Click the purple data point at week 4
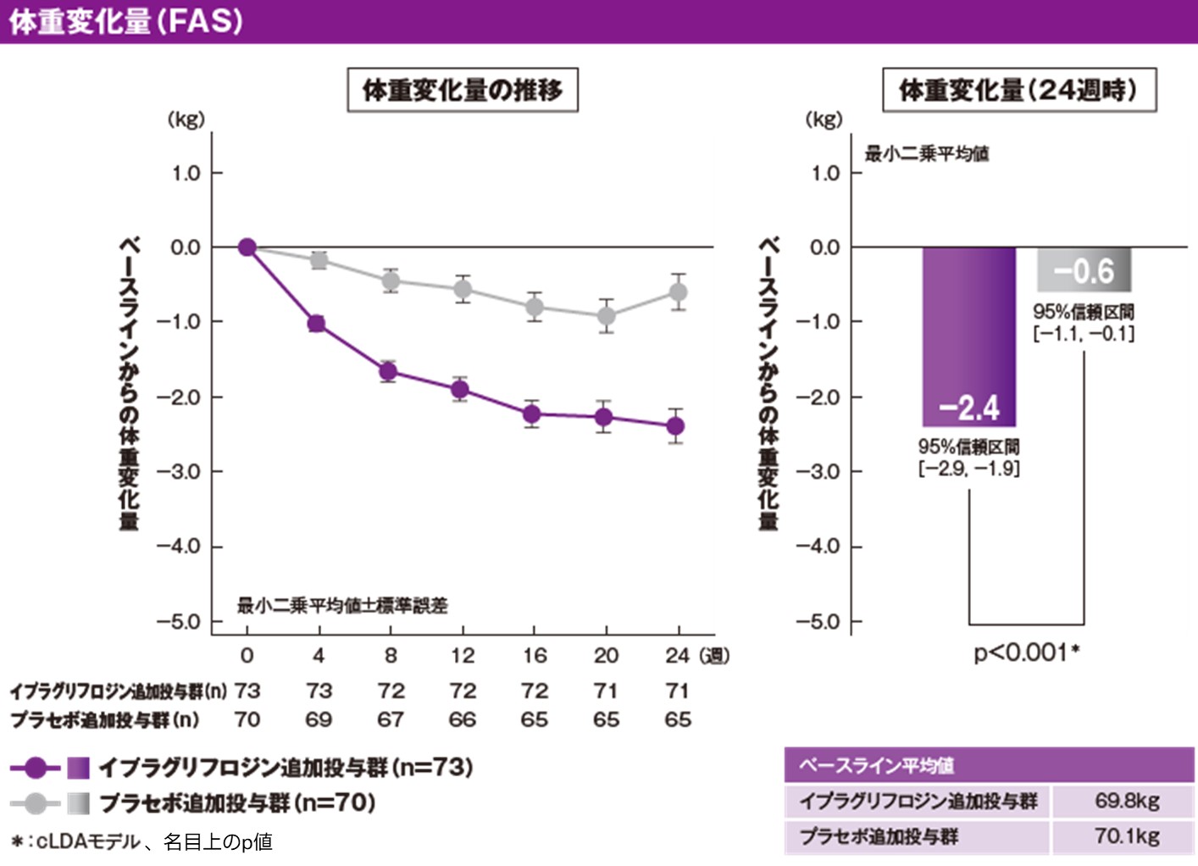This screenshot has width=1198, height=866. pyautogui.click(x=317, y=324)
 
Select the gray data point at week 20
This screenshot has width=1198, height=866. pyautogui.click(x=606, y=316)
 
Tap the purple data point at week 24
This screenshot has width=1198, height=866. pyautogui.click(x=675, y=426)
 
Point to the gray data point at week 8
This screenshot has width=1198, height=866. pyautogui.click(x=390, y=280)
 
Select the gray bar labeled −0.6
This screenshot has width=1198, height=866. pyautogui.click(x=1084, y=270)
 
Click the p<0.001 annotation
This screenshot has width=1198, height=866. pyautogui.click(x=1026, y=652)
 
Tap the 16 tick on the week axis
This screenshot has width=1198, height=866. pyautogui.click(x=535, y=655)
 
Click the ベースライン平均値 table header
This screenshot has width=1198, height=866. pyautogui.click(x=876, y=765)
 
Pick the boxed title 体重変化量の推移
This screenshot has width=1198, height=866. pyautogui.click(x=463, y=90)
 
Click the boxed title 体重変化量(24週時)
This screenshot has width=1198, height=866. pyautogui.click(x=1019, y=90)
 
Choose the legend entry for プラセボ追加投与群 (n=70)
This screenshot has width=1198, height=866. pyautogui.click(x=237, y=802)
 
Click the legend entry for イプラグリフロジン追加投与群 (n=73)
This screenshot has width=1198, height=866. pyautogui.click(x=285, y=768)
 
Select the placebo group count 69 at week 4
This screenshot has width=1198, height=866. pyautogui.click(x=319, y=719)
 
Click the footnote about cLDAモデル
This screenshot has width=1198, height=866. pyautogui.click(x=142, y=841)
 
